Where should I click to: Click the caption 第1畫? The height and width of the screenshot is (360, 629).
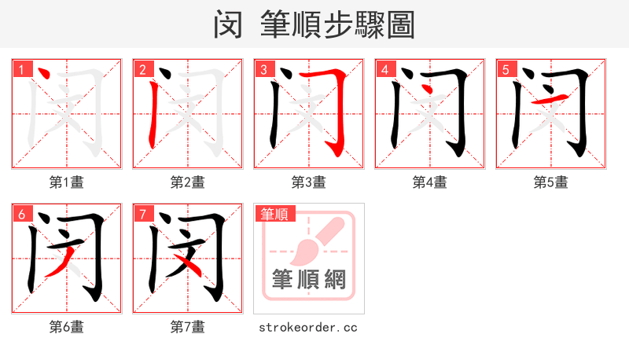pyautogui.click(x=66, y=182)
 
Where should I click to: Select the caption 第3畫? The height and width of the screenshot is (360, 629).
pyautogui.click(x=308, y=182)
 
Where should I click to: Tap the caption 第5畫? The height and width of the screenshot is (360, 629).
pyautogui.click(x=550, y=182)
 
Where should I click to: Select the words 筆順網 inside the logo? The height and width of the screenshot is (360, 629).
pyautogui.click(x=308, y=279)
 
